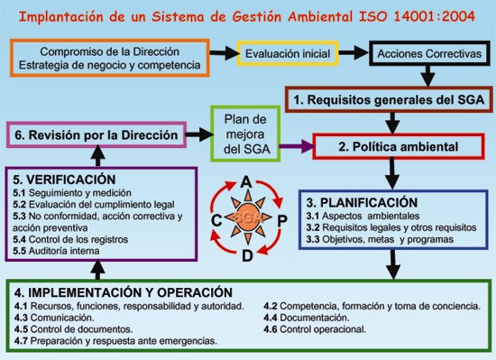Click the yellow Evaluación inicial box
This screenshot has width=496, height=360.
(x=288, y=53)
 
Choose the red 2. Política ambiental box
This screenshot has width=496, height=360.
(x=397, y=145)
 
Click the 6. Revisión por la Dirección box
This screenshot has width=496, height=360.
(x=96, y=134)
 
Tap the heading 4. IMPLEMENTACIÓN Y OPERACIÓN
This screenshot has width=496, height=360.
(x=124, y=292)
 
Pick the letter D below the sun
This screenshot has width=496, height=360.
(x=245, y=254)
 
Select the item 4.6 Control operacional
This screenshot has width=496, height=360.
(x=316, y=329)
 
